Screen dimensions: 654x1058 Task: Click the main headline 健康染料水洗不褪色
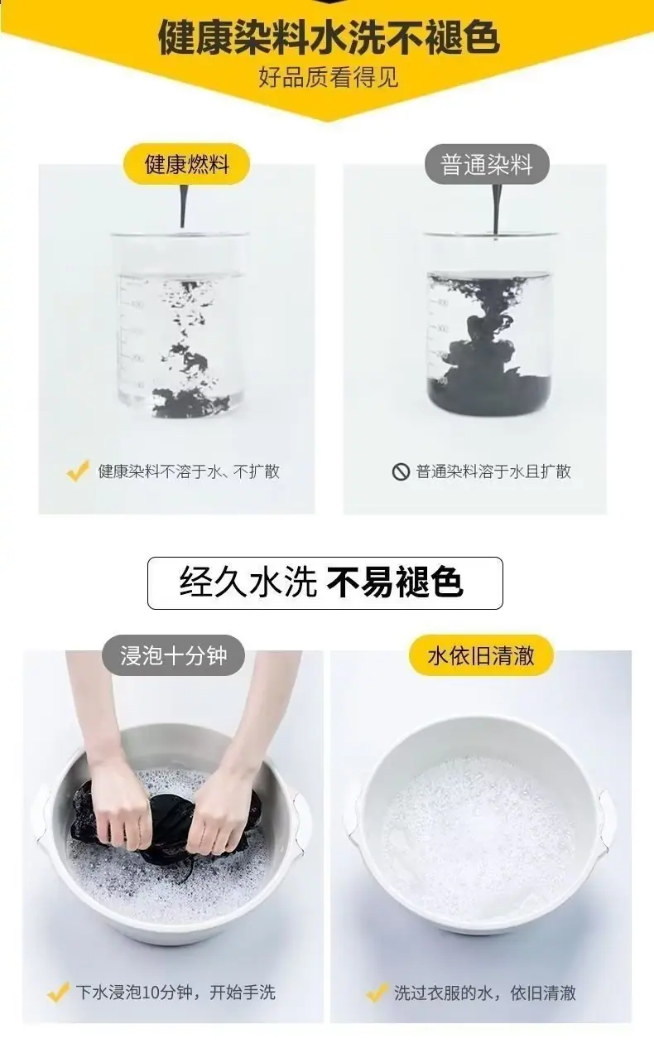click(329, 38)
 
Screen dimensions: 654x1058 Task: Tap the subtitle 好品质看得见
click(329, 77)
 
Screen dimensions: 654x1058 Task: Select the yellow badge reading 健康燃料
click(187, 164)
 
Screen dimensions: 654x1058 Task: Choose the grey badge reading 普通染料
click(487, 164)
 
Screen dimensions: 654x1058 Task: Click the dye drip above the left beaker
click(184, 206)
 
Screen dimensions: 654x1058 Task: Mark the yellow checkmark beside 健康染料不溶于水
click(78, 471)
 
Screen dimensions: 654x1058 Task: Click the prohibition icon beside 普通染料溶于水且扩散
click(401, 471)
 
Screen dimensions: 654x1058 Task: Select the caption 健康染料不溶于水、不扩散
click(189, 471)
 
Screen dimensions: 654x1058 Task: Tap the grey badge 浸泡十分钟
click(174, 655)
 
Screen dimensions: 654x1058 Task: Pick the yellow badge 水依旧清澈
click(481, 655)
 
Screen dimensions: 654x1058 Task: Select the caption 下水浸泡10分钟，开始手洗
click(176, 992)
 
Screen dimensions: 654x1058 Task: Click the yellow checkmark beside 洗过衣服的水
click(377, 992)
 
